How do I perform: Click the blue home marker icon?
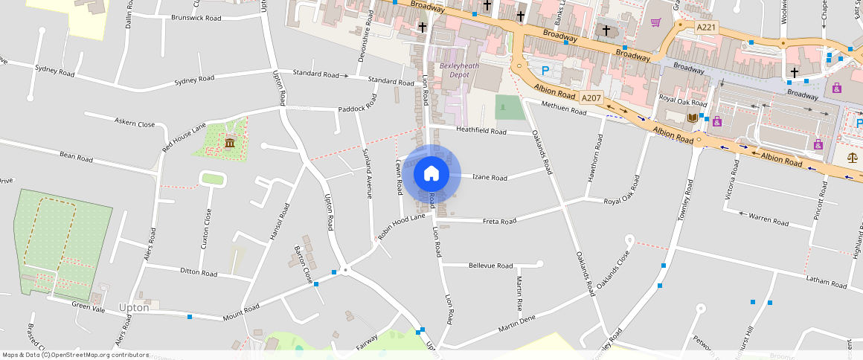coord(431,174)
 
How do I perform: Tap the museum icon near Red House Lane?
coord(228,142)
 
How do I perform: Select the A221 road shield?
coord(707,27)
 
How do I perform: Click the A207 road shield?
coord(591,97)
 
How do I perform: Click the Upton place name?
coord(134,307)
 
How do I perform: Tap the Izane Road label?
coord(490,178)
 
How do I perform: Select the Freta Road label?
coord(499,222)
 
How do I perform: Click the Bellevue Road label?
coord(490,266)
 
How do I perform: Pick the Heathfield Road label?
coord(481,132)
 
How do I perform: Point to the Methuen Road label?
coord(564,109)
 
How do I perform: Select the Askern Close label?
coord(134,123)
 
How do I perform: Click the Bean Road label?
coord(76,158)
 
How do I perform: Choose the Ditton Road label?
coord(199,273)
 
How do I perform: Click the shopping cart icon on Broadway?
coord(655,22)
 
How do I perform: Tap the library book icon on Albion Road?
coord(693,118)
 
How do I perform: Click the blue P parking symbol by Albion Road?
coord(545,71)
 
